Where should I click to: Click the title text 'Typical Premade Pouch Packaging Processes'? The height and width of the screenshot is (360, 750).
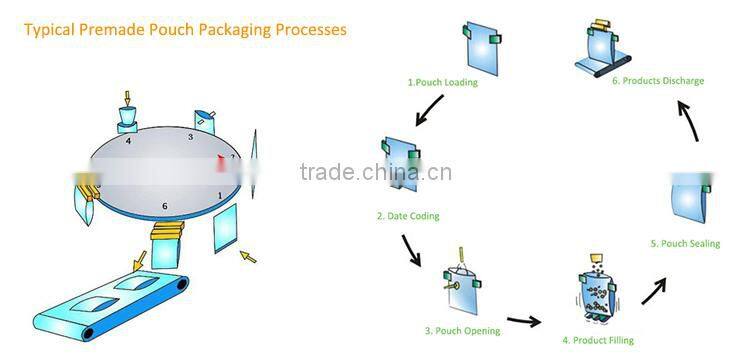coord(185,30)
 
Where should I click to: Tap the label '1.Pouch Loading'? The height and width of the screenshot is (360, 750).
coord(442,82)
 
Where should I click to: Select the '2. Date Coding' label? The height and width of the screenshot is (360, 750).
coord(407,216)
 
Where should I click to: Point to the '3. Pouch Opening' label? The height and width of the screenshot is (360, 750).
coord(461,331)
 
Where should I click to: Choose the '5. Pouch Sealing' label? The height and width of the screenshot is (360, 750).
coord(684,244)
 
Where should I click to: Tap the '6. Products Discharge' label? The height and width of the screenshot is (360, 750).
coord(658,81)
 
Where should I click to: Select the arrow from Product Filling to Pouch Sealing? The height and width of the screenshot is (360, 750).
coord(654,291)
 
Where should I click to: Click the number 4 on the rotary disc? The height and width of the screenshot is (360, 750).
coord(128,142)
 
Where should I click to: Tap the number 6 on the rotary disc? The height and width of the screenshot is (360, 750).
coord(164,207)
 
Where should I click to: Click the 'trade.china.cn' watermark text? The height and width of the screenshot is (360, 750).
coord(375,172)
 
